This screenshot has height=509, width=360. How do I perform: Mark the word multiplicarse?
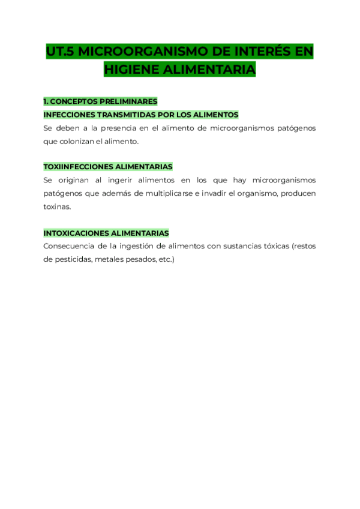(x=158, y=193)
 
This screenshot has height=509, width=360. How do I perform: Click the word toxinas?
(x=57, y=206)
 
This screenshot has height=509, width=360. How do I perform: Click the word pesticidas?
(x=73, y=259)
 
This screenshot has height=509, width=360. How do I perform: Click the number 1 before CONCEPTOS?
(x=46, y=101)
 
